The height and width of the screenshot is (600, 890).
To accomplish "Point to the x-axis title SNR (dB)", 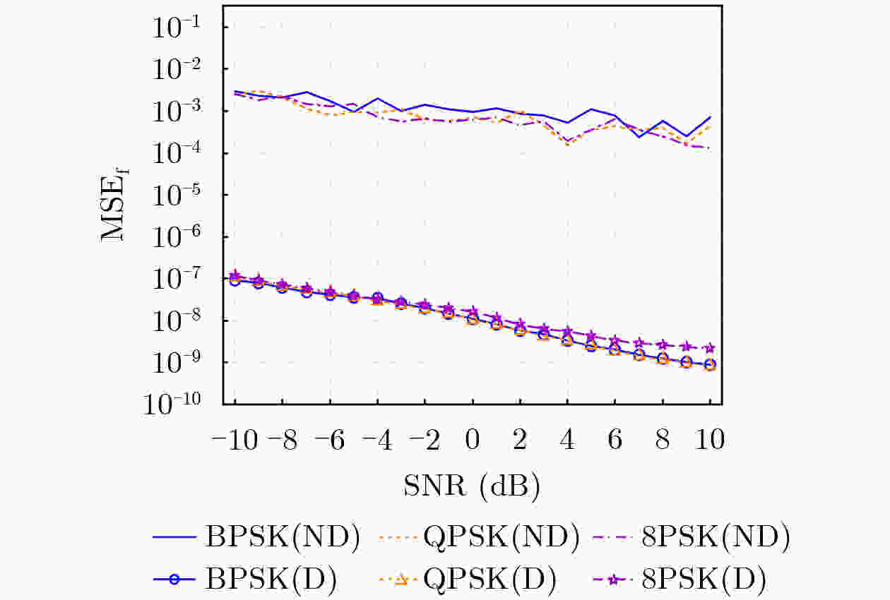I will pos(472,486).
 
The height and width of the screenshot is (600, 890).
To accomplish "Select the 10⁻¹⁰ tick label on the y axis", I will pos(179,404).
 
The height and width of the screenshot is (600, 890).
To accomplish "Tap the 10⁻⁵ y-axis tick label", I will pos(184,195).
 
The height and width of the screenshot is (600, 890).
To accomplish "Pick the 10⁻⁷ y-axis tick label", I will pos(184,279).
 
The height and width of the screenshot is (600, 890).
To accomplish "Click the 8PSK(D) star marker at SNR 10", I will pos(710,348).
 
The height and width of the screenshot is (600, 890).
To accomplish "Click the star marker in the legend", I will pos(613,580).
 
